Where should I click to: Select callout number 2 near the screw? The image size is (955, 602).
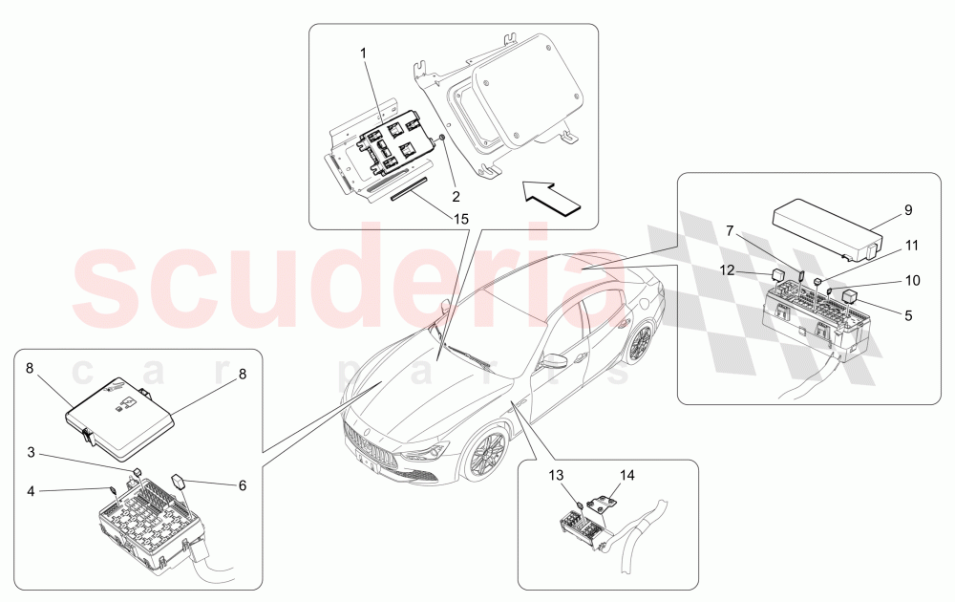pos(456,196)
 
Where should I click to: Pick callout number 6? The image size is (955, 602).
pos(242,485)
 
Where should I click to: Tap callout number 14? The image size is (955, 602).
pos(626,474)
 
